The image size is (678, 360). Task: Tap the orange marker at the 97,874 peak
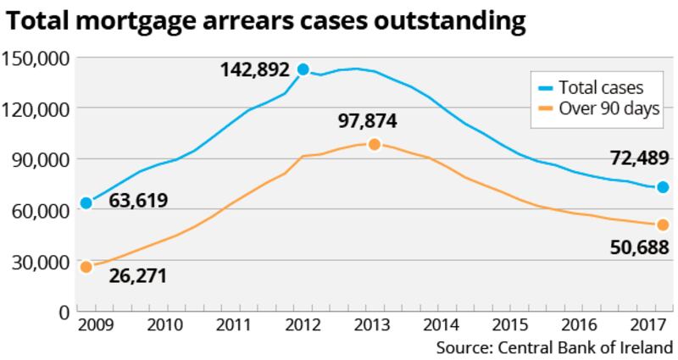[x=374, y=144]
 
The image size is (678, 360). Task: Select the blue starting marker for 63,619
[x=86, y=203]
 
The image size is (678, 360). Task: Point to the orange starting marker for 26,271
[x=86, y=267]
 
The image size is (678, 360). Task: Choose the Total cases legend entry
[x=601, y=88]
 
